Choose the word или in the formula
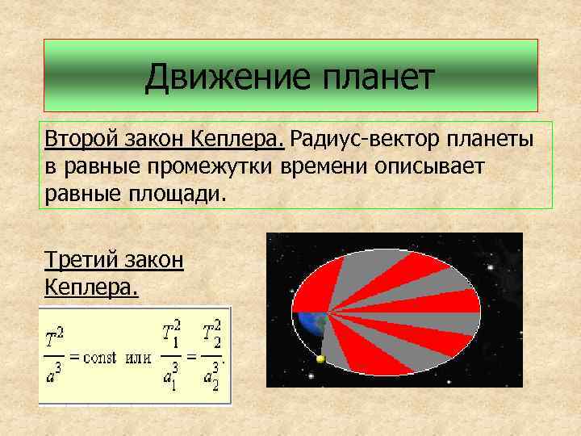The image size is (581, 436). pos(138,358)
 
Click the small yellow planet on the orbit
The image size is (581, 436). pos(320,359)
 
